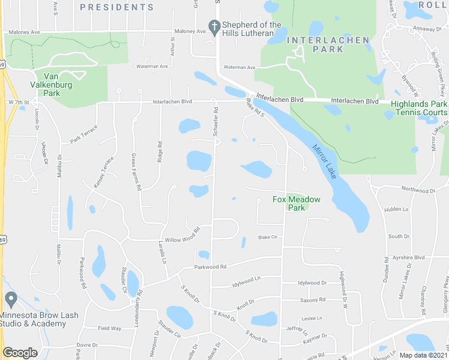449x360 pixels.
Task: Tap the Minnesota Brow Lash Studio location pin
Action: coord(11,299)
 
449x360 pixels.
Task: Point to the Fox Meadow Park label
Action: coord(297,203)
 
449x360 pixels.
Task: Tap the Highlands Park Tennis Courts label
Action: coord(418,108)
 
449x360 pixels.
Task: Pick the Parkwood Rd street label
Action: coord(209,267)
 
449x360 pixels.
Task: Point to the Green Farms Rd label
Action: coord(136,172)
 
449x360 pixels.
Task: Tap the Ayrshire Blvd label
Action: coord(411,257)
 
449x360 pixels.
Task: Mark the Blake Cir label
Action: coord(268,237)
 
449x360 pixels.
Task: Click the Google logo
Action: coord(20,353)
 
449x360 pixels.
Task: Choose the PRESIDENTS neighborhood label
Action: coord(116,7)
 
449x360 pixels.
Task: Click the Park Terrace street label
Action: coord(83,137)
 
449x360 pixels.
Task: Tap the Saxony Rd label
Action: coord(313,299)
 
